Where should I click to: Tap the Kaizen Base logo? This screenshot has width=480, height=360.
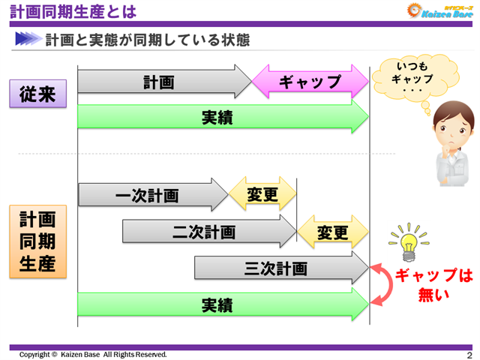438,10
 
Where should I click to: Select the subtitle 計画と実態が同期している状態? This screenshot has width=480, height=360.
147,39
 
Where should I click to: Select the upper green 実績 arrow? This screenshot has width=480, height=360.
221,118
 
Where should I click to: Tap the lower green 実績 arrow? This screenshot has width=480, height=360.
221,305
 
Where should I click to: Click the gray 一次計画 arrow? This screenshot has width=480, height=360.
150,196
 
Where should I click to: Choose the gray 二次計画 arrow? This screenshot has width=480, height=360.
206,232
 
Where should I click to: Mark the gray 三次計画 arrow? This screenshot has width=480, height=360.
277,268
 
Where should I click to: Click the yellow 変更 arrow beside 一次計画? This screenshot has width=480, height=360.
262,196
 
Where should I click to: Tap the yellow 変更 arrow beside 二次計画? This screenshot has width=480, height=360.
333,232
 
